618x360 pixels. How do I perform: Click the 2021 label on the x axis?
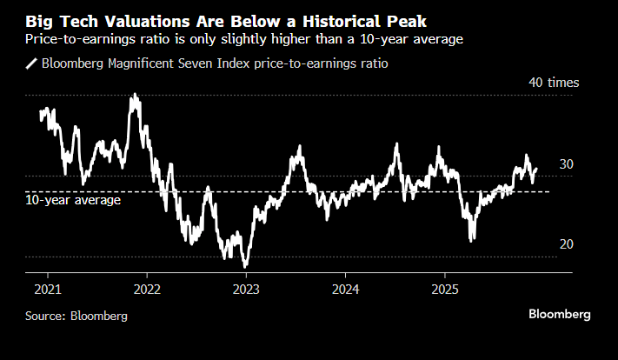coord(47,289)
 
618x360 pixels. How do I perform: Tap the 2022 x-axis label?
coord(146,289)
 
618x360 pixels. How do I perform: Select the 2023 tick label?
coord(246,289)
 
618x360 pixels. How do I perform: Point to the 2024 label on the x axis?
coord(346,289)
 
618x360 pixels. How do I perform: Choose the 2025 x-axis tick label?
coord(445,289)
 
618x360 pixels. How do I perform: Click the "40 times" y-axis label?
coord(554,83)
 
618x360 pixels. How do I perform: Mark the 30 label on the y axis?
coord(566,164)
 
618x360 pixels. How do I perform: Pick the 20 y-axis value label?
coord(566,244)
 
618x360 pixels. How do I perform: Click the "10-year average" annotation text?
coord(73,199)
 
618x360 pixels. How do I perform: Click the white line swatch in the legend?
coord(32,63)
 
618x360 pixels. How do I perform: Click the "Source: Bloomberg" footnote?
coord(76,316)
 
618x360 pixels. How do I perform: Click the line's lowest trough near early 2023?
coord(246,265)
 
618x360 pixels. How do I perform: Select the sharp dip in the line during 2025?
coord(472,239)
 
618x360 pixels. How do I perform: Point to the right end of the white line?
coord(536,170)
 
